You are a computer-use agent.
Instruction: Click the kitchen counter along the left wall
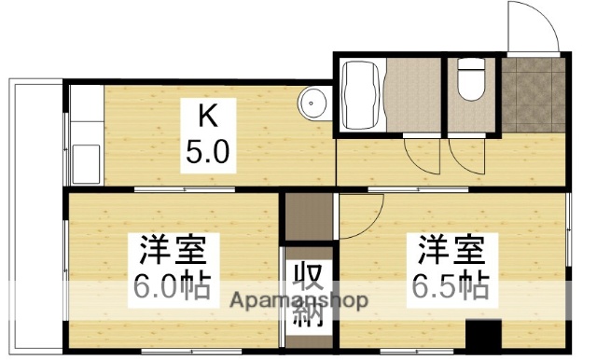click(83, 135)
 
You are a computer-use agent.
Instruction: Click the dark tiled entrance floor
click(533, 93)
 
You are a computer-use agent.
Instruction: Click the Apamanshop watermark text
click(299, 301)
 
